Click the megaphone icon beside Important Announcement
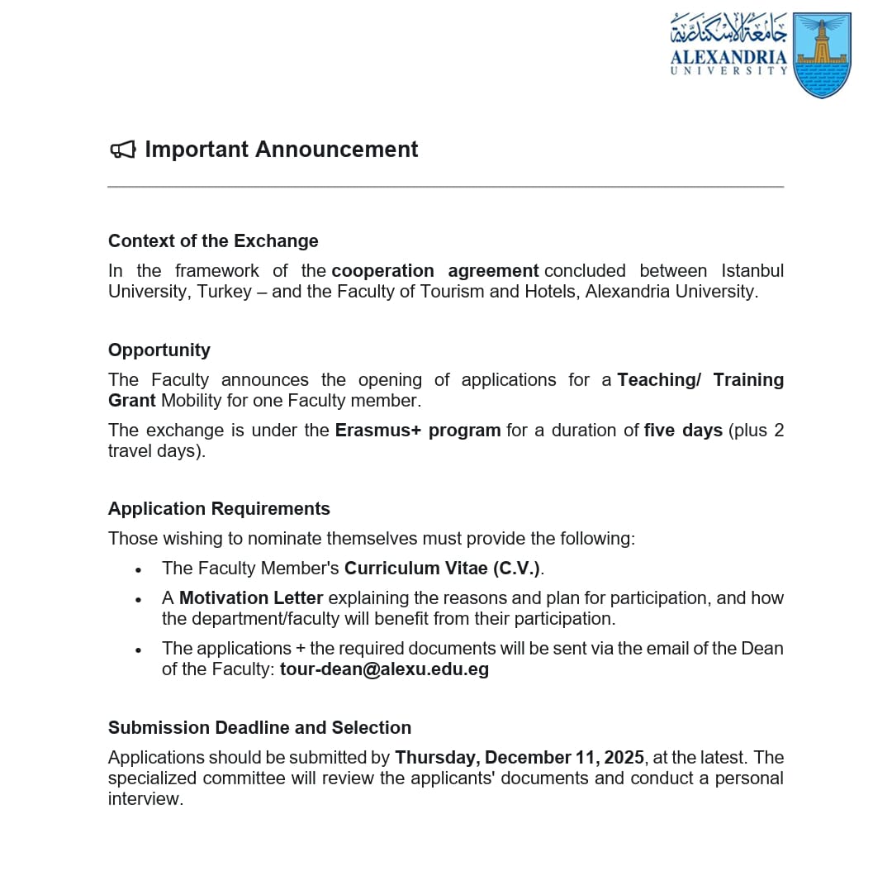[122, 150]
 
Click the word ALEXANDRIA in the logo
[728, 58]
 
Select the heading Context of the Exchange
[213, 241]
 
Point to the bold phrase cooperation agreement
[435, 271]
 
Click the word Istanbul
[752, 271]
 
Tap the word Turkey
[224, 292]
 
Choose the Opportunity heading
[159, 350]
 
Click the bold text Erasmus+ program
[418, 431]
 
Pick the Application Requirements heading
[219, 509]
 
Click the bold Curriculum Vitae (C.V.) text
[444, 569]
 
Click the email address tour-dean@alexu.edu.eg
[384, 669]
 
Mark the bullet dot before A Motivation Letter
[138, 600]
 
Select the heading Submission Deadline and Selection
[259, 728]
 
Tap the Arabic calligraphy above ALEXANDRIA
[728, 30]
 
